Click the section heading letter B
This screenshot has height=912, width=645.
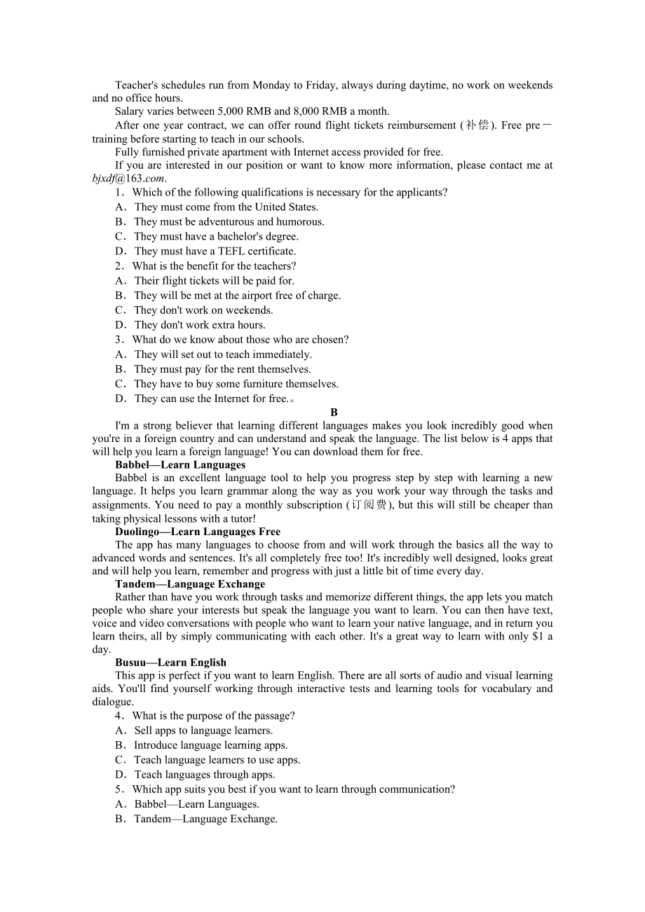334,413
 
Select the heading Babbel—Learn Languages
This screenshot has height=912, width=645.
180,465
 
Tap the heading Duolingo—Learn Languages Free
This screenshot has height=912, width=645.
198,532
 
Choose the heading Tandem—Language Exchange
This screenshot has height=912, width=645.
190,584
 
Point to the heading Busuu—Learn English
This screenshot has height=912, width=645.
170,663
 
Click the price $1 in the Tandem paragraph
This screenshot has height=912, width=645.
538,637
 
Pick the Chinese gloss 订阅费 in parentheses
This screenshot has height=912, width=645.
371,505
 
